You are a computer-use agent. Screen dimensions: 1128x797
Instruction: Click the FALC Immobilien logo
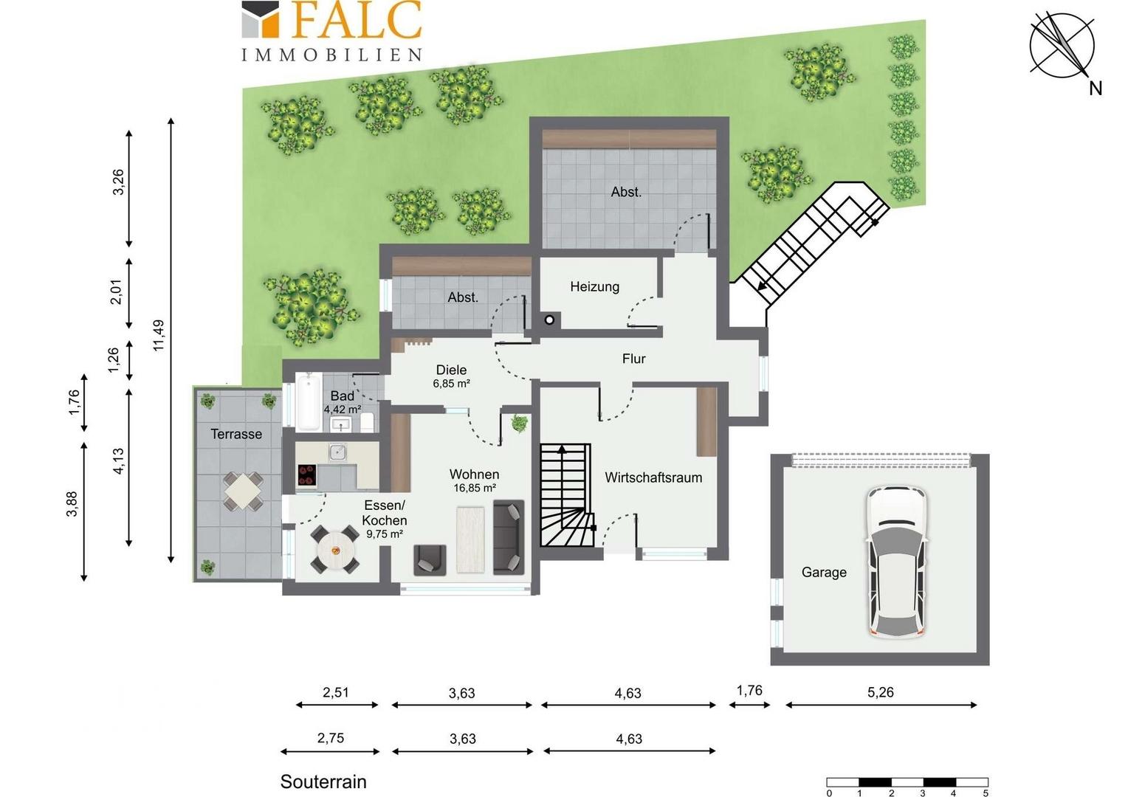pyautogui.click(x=331, y=31)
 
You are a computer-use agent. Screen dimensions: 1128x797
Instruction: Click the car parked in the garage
pyautogui.click(x=896, y=562)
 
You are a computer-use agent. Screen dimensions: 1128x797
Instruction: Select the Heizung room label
pyautogui.click(x=595, y=286)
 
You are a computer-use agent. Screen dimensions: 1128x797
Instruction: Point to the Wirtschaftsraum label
pyautogui.click(x=653, y=477)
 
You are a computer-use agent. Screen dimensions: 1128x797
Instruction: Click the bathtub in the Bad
pyautogui.click(x=308, y=401)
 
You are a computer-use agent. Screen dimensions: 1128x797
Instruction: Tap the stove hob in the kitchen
pyautogui.click(x=306, y=475)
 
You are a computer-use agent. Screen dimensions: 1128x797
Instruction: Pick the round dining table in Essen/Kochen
pyautogui.click(x=335, y=549)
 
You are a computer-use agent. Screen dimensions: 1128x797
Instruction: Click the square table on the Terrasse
pyautogui.click(x=243, y=491)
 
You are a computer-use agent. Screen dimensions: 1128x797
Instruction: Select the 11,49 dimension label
pyautogui.click(x=159, y=335)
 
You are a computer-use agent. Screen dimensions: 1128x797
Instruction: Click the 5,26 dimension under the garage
pyautogui.click(x=880, y=692)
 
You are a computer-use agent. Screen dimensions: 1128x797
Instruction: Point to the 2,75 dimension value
pyautogui.click(x=331, y=738)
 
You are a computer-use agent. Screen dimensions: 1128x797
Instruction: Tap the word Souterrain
pyautogui.click(x=323, y=782)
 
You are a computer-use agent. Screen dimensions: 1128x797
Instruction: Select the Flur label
pyautogui.click(x=633, y=359)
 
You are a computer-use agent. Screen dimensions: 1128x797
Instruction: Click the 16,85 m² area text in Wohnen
pyautogui.click(x=475, y=488)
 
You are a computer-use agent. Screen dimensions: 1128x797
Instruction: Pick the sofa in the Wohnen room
pyautogui.click(x=509, y=536)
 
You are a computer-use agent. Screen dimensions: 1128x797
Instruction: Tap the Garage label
pyautogui.click(x=824, y=573)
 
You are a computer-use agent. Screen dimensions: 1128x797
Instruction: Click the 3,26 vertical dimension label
pyautogui.click(x=118, y=182)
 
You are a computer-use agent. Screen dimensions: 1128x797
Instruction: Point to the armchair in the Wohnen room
pyautogui.click(x=430, y=560)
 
